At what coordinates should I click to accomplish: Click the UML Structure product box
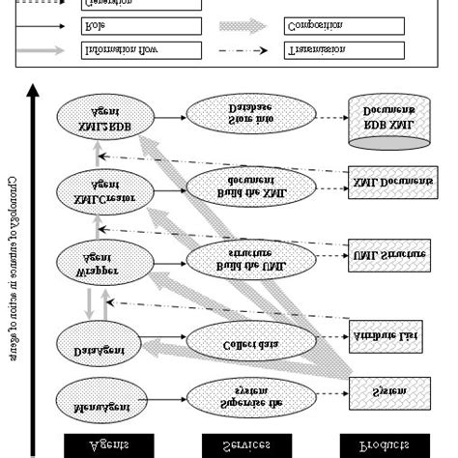387,253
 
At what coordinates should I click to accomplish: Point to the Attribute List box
387,336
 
